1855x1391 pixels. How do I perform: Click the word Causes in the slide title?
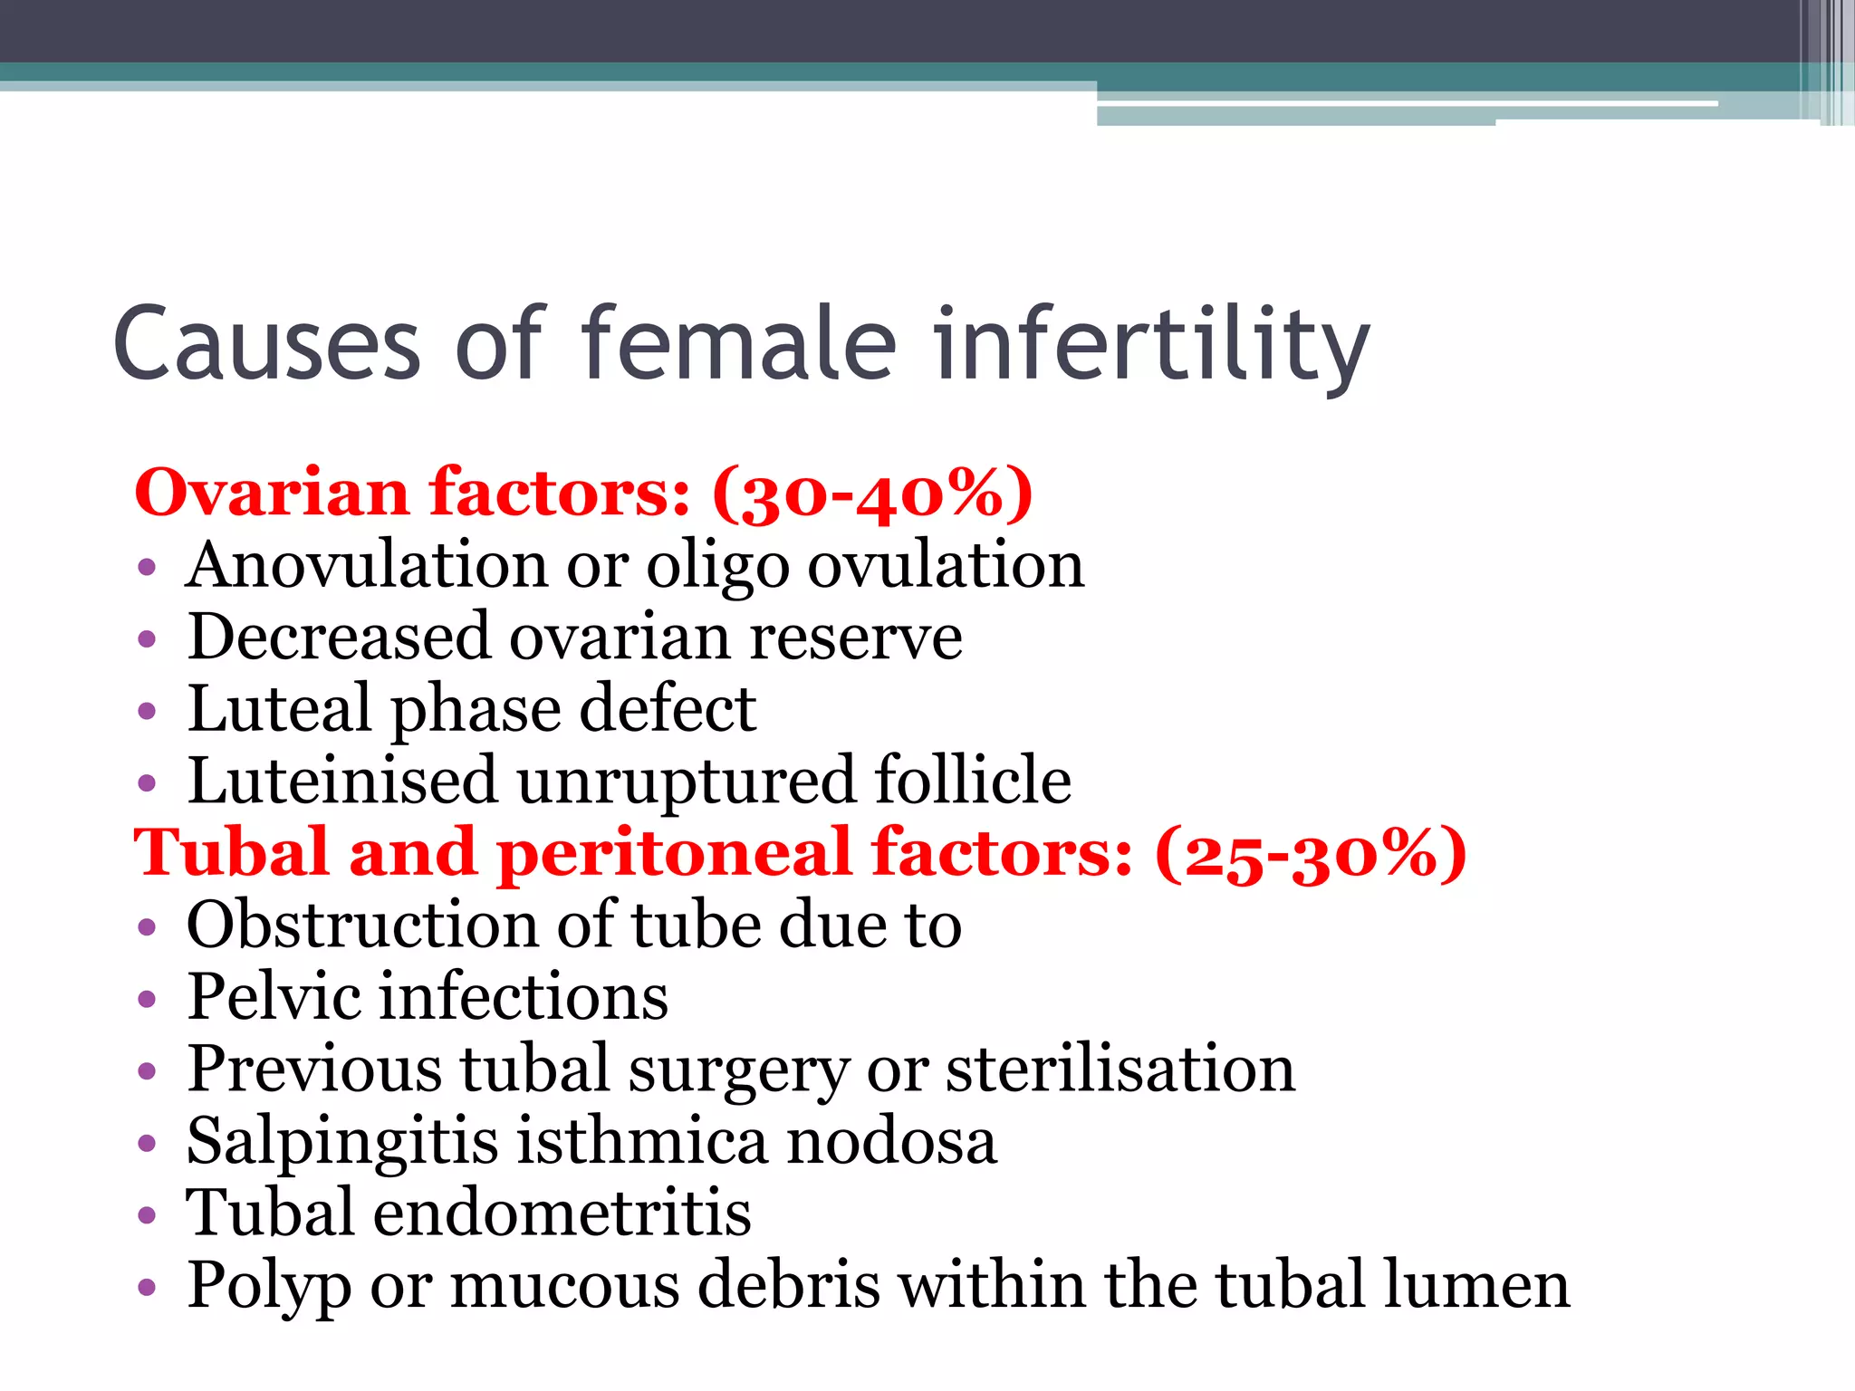click(267, 344)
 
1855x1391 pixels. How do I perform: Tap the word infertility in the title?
click(1151, 344)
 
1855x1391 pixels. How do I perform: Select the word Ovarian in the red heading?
click(272, 494)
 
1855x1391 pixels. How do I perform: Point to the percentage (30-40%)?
click(872, 494)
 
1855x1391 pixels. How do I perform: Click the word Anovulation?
click(367, 565)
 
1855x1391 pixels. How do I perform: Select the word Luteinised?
click(342, 781)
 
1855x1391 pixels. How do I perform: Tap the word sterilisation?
click(1120, 1069)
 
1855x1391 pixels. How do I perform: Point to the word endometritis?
click(562, 1213)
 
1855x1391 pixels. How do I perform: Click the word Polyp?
click(268, 1287)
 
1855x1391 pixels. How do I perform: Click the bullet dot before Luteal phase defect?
click(147, 711)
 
